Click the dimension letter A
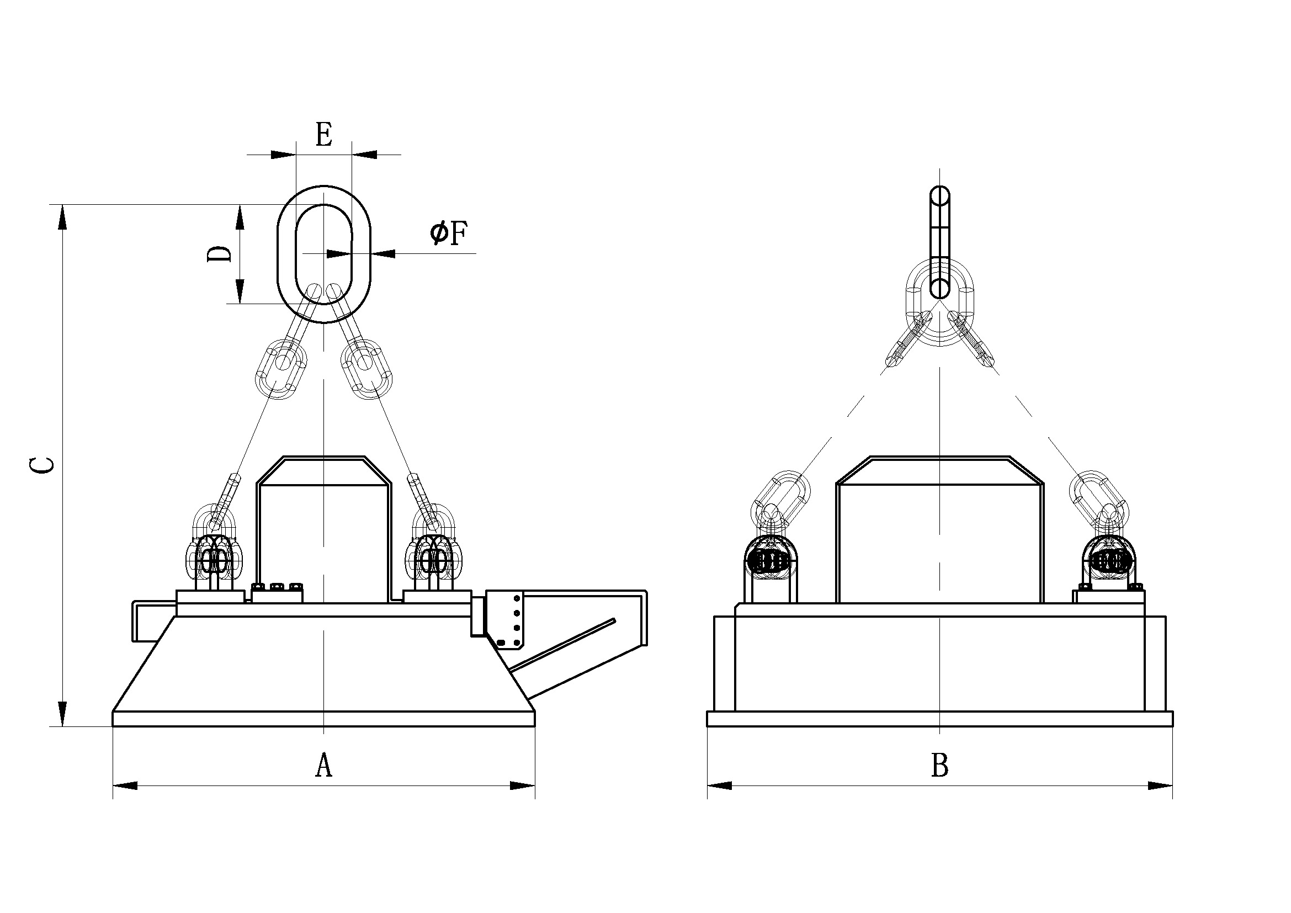pyautogui.click(x=323, y=765)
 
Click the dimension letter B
pyautogui.click(x=939, y=765)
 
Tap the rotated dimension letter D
pyautogui.click(x=219, y=254)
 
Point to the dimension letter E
pyautogui.click(x=323, y=134)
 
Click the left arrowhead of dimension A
pyautogui.click(x=125, y=785)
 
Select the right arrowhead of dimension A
pyautogui.click(x=522, y=785)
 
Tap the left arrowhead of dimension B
pyautogui.click(x=720, y=785)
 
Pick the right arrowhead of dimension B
pyautogui.click(x=1160, y=785)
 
